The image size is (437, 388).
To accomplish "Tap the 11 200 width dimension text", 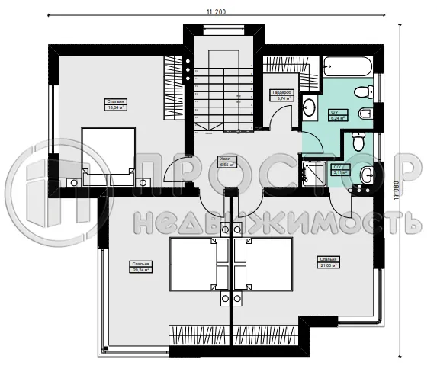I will click(x=220, y=11).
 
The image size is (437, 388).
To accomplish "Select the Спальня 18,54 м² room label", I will click(x=115, y=104).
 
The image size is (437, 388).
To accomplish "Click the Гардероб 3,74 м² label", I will click(x=279, y=95).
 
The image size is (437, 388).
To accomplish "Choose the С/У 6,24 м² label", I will click(x=337, y=116).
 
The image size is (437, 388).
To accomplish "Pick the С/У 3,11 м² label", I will click(x=340, y=170).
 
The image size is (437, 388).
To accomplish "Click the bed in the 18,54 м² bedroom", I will click(x=108, y=156).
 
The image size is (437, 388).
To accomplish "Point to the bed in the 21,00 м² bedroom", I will click(x=264, y=264).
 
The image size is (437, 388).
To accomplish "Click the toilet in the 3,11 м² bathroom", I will click(x=358, y=141).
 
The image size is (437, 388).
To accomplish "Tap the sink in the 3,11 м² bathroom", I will click(x=367, y=175).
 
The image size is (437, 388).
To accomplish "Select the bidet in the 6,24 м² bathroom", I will click(x=365, y=114).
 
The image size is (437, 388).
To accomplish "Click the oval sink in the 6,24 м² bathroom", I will click(x=310, y=106).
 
